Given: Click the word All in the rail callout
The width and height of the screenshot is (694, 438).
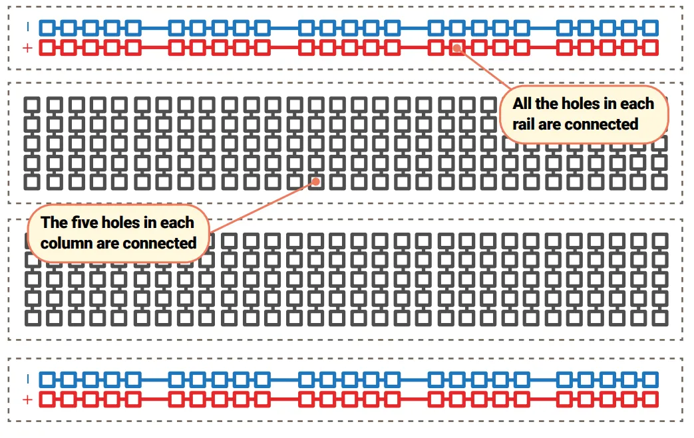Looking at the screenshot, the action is (522, 104).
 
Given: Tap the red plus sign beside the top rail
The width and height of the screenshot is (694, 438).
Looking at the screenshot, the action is (27, 48).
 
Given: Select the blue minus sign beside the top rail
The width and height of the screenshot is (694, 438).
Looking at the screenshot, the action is (28, 27).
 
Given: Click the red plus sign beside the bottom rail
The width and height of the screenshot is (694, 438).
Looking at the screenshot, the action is (27, 399).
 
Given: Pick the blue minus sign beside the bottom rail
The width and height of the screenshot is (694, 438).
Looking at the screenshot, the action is (28, 380).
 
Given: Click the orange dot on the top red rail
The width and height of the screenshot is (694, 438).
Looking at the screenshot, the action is (457, 48).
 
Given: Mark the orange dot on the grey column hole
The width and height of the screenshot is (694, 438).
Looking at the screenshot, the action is (315, 181).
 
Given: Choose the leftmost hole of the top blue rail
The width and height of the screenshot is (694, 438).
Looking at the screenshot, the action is (47, 28).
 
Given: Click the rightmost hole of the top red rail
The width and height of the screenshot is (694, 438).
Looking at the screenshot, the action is (650, 48).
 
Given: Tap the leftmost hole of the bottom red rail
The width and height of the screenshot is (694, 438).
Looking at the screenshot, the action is (47, 399).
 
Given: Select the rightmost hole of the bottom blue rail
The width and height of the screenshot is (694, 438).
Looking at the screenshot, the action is (650, 380).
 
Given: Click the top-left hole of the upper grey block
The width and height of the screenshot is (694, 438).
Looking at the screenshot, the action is (32, 105).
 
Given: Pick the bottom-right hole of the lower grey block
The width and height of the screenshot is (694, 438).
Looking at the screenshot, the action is (660, 318).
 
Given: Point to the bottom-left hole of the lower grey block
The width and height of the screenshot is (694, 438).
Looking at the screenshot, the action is (33, 318).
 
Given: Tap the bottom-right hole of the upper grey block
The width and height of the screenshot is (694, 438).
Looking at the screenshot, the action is (659, 182).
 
